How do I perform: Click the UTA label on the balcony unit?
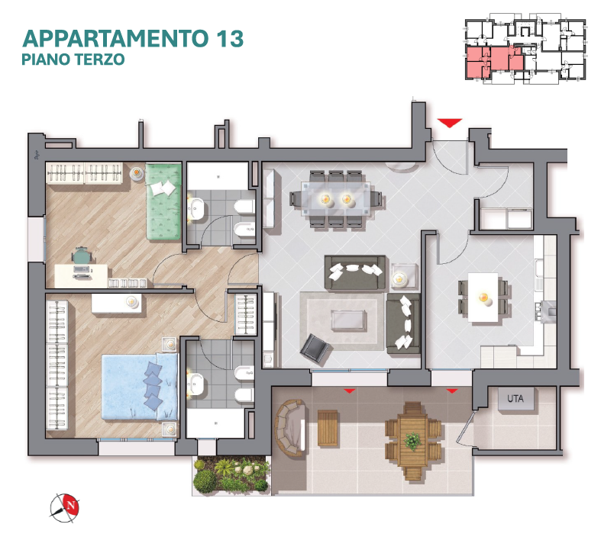pyautogui.click(x=515, y=399)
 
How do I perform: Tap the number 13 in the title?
pyautogui.click(x=230, y=39)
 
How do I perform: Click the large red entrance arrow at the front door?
pyautogui.click(x=450, y=123)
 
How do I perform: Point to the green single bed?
pyautogui.click(x=163, y=201)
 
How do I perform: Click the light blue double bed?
pyautogui.click(x=140, y=387)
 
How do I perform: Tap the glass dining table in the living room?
pyautogui.click(x=336, y=199)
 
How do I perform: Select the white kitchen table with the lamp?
pyautogui.click(x=483, y=297)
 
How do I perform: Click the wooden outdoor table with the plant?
pyautogui.click(x=412, y=441)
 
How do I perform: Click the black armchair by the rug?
pyautogui.click(x=315, y=348)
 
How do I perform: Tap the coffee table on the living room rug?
pyautogui.click(x=348, y=320)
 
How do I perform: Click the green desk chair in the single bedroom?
pyautogui.click(x=81, y=256)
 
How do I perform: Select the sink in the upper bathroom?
pyautogui.click(x=196, y=208)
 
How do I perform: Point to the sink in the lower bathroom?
pyautogui.click(x=195, y=384)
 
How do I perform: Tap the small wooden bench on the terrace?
pyautogui.click(x=328, y=428)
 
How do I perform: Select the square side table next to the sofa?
pyautogui.click(x=404, y=276)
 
